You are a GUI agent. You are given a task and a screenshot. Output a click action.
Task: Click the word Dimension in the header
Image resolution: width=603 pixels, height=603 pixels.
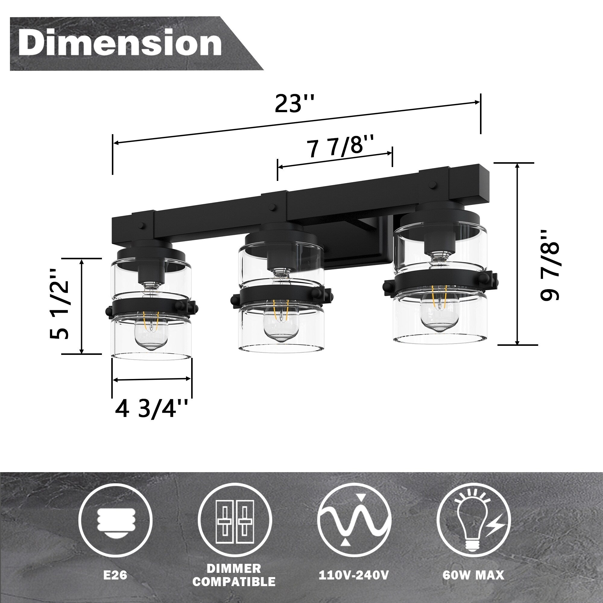(120, 43)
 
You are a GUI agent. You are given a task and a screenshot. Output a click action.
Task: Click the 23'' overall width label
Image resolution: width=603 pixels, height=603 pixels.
(294, 103)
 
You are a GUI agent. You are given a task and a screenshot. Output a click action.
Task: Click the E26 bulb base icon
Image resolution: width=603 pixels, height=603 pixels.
(115, 520)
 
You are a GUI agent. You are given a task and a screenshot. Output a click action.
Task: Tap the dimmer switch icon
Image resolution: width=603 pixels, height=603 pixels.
(235, 520)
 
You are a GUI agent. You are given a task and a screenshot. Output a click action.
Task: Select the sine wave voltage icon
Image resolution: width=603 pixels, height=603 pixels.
(354, 520)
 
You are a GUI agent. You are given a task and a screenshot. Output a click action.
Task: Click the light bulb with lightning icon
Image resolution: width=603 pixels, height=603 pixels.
(473, 520)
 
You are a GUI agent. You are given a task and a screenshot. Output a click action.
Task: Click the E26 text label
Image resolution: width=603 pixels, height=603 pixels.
(115, 575)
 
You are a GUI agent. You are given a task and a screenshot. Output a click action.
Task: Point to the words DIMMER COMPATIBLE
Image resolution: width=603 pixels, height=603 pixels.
(234, 575)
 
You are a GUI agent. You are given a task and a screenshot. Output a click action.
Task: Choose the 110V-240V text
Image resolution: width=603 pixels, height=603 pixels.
(354, 575)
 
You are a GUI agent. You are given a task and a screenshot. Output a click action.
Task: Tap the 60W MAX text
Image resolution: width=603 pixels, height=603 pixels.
(473, 575)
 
